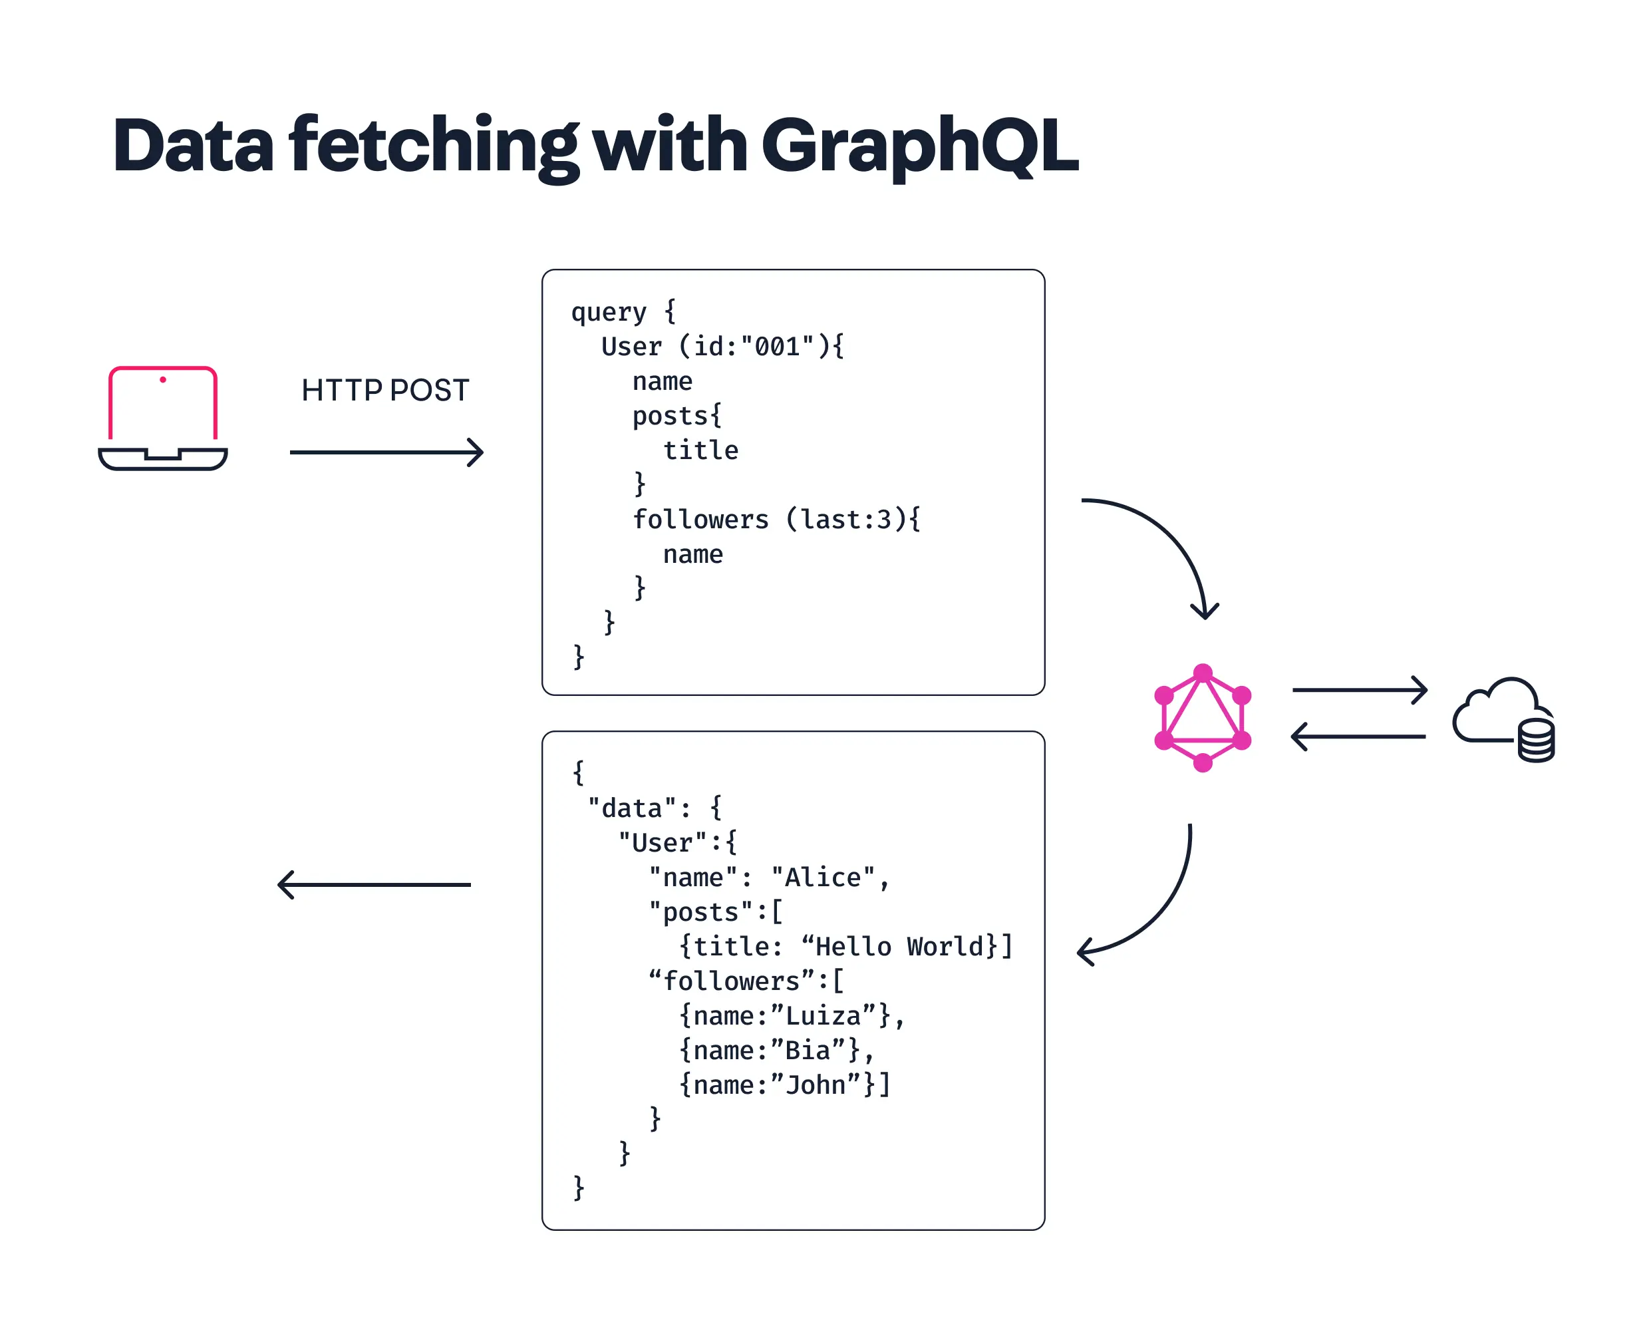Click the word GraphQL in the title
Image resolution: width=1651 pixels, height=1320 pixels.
point(919,146)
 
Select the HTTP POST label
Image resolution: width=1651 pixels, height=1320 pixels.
point(385,391)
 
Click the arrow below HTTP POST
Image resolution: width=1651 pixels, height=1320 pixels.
point(386,453)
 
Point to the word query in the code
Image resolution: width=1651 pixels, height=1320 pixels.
point(609,313)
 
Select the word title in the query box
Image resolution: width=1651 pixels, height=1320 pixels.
point(700,450)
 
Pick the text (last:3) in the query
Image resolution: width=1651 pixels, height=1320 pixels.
point(846,520)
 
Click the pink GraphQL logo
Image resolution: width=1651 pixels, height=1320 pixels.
point(1202,718)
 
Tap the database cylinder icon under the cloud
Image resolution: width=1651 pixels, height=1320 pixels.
point(1535,741)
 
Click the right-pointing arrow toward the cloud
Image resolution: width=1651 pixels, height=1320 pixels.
point(1359,689)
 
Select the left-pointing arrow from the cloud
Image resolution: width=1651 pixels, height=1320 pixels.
point(1358,737)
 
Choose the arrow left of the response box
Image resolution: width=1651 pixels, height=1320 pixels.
point(375,885)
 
